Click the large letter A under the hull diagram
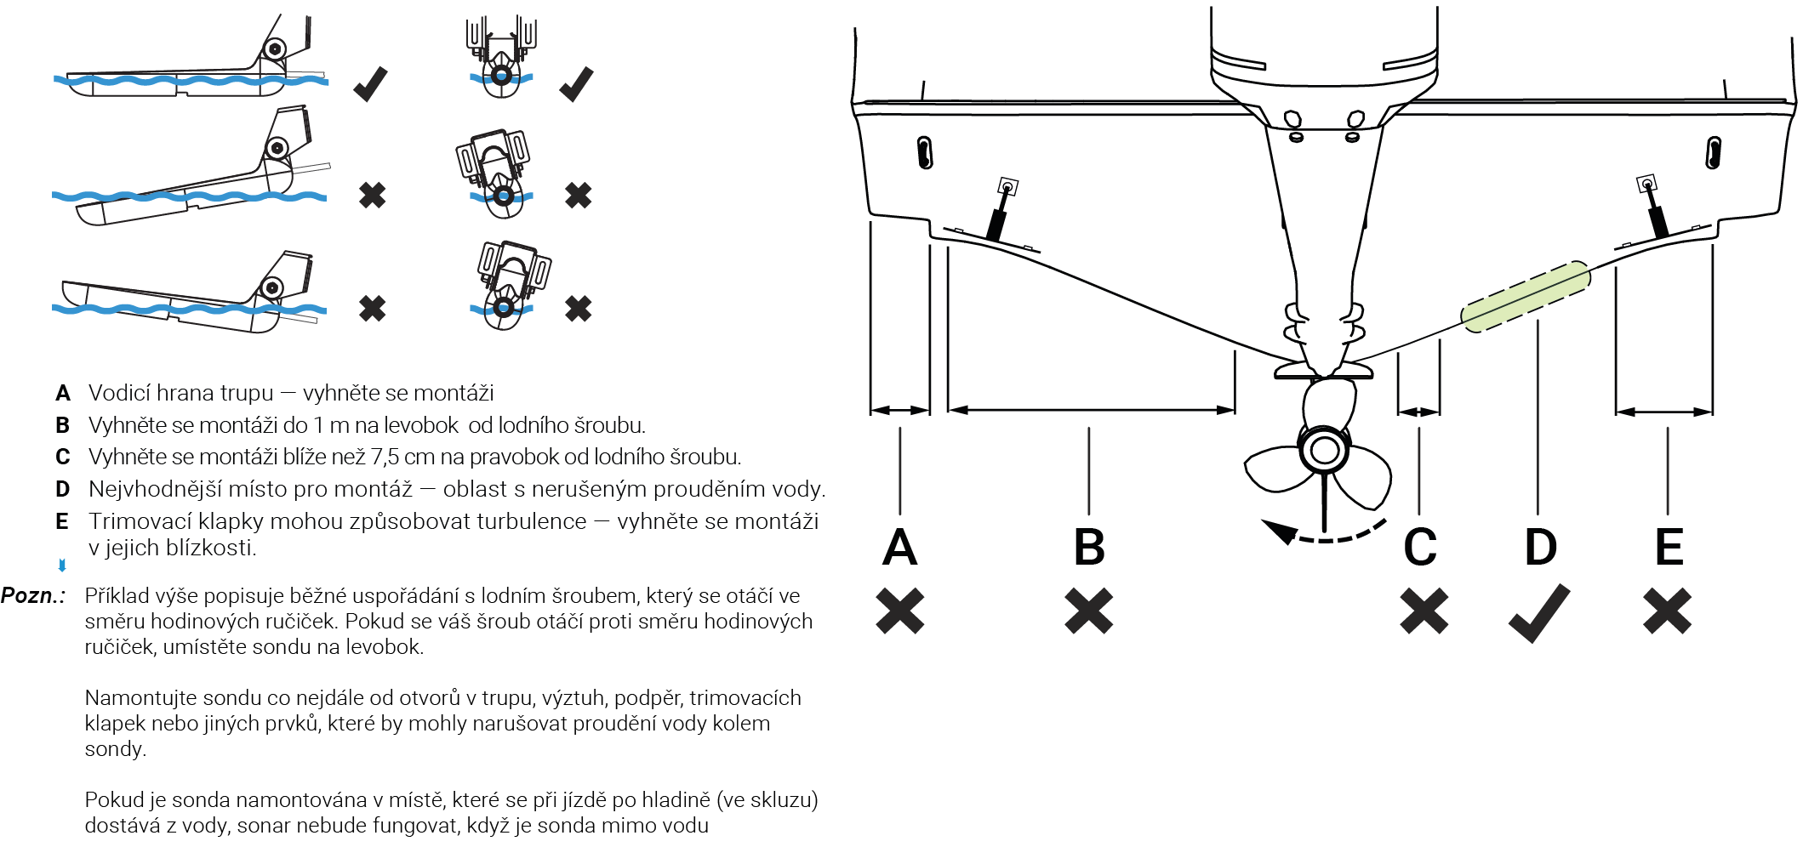click(x=900, y=547)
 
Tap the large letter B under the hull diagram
click(x=1089, y=547)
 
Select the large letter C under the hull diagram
click(x=1420, y=547)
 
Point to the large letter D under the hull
click(x=1541, y=547)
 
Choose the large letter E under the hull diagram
click(x=1669, y=547)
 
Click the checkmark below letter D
click(x=1539, y=612)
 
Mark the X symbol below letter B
click(x=1089, y=611)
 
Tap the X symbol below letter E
click(x=1668, y=611)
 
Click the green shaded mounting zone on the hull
click(x=1526, y=296)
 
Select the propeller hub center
click(x=1324, y=450)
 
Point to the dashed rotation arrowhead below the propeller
click(x=1278, y=531)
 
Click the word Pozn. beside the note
click(x=32, y=595)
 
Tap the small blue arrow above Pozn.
click(x=62, y=565)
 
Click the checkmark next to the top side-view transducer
click(x=371, y=83)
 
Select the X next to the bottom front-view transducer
click(x=578, y=308)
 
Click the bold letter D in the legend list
click(x=62, y=489)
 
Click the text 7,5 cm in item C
click(x=401, y=457)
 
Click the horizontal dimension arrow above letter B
click(x=1091, y=410)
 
